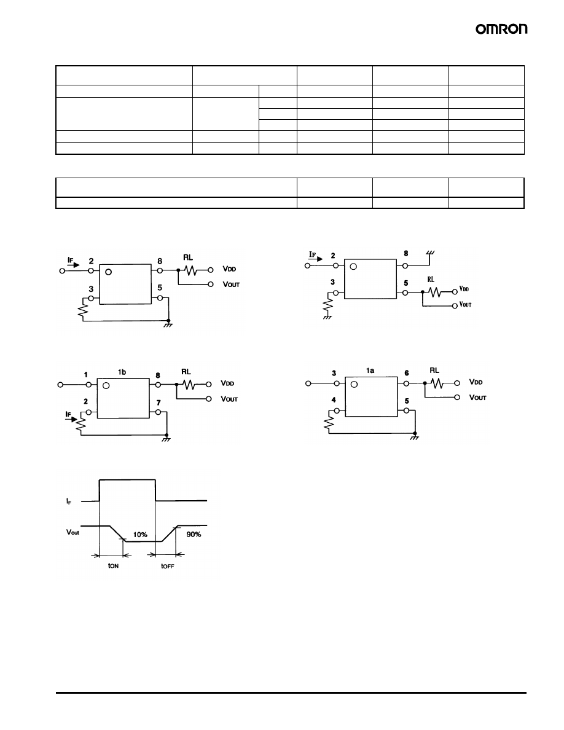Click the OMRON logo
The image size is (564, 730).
(x=501, y=29)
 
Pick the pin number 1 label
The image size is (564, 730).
(x=86, y=374)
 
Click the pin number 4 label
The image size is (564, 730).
(x=334, y=401)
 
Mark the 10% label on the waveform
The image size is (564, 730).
(x=139, y=535)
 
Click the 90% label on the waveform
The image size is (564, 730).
(x=194, y=535)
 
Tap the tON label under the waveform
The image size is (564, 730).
(x=112, y=566)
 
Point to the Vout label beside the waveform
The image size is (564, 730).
(x=73, y=532)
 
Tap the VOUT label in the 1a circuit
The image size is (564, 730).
(x=477, y=398)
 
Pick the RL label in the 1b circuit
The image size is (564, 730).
(x=186, y=372)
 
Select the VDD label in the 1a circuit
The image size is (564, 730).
(x=476, y=382)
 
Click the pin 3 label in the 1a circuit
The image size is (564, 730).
(x=334, y=373)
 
